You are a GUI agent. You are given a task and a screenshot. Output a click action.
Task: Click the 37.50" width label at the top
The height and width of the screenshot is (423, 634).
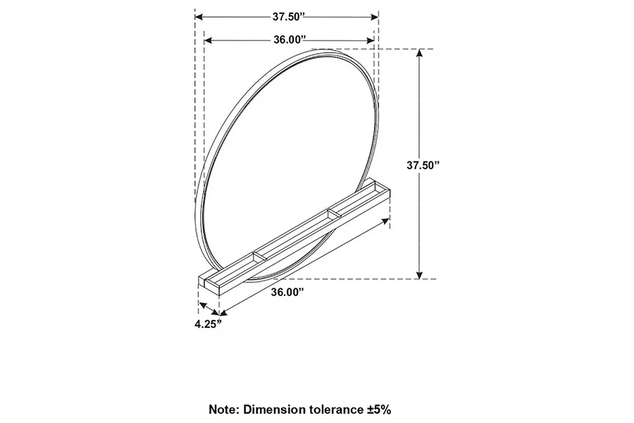(287, 16)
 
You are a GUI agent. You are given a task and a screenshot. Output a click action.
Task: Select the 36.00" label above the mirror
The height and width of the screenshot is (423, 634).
(290, 39)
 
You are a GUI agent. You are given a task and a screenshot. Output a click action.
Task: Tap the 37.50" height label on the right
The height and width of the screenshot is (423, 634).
(442, 165)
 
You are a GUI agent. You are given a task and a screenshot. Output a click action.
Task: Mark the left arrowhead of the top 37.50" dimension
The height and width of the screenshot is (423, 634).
(199, 16)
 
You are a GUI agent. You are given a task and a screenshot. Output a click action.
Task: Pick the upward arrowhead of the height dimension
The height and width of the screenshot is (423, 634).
(420, 54)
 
